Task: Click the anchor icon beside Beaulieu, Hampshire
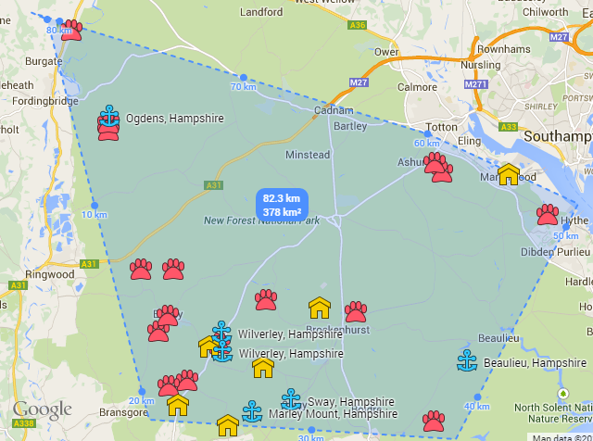tap(467, 362)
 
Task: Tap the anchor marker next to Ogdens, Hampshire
tap(109, 116)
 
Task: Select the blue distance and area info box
tap(281, 205)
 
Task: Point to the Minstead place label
tap(307, 155)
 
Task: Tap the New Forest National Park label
tap(261, 220)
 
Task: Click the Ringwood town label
tap(49, 274)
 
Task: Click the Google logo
tap(42, 409)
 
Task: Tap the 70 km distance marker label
tap(243, 87)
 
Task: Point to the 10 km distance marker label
tap(95, 215)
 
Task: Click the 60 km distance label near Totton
tap(426, 144)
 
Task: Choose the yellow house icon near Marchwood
tap(508, 174)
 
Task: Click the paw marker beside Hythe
tap(548, 214)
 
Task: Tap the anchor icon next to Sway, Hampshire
tap(291, 399)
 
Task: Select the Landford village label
tap(261, 13)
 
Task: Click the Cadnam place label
tap(334, 110)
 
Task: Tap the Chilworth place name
tap(545, 13)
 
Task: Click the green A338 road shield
tap(23, 422)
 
